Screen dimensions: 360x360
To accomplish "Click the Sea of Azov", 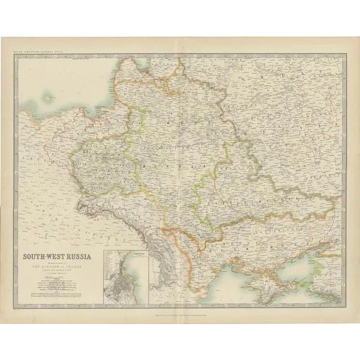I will click(300, 258).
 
